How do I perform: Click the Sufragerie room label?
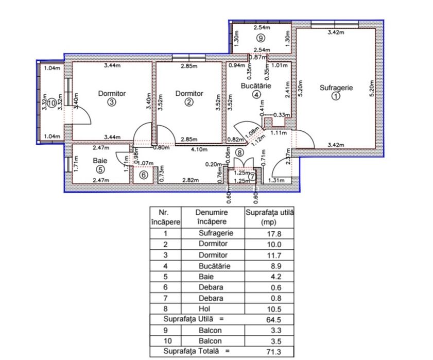tap(336, 88)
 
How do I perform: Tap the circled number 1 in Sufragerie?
tap(336, 96)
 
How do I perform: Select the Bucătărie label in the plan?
tap(256, 86)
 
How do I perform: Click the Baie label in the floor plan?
tap(100, 160)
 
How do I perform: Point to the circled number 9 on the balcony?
tap(261, 38)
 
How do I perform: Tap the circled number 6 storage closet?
tap(144, 175)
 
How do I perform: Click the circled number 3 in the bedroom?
tap(112, 102)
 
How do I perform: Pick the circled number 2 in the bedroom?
tap(189, 102)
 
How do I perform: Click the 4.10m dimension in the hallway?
tap(199, 150)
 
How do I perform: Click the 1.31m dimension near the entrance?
tap(276, 180)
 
